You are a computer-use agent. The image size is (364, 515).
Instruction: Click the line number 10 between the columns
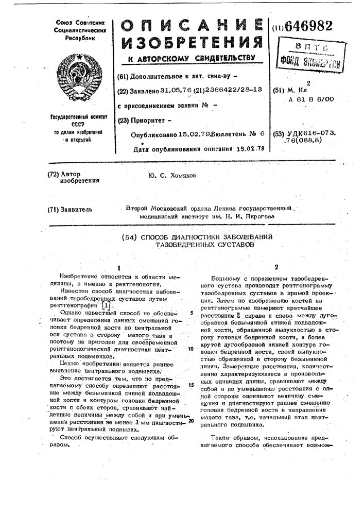(x=190, y=349)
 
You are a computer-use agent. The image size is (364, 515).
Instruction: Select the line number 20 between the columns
(x=190, y=421)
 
